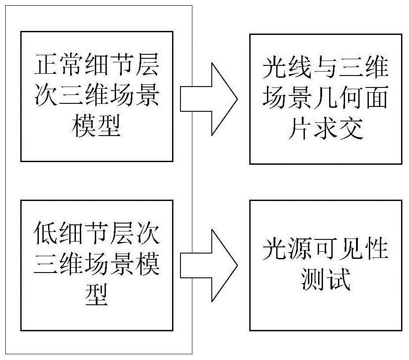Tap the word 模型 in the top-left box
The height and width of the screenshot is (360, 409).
pos(96,127)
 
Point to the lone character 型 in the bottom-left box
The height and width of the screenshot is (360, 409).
pos(96,294)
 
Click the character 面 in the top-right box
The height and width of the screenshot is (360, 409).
pos(376,99)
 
